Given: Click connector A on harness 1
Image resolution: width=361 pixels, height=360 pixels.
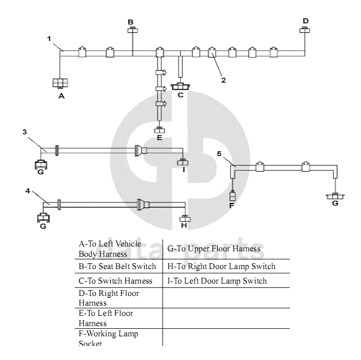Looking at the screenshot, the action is click(x=60, y=82).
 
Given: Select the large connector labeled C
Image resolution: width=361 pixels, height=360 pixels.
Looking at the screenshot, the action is click(x=181, y=86).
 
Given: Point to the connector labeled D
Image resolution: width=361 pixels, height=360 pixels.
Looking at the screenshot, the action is click(x=305, y=30).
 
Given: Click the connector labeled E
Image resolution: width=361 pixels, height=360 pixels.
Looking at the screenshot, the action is click(x=159, y=130).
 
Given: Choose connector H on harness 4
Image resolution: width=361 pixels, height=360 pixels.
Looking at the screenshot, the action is click(x=184, y=218).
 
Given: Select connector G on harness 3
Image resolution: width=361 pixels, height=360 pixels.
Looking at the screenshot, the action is click(x=41, y=165).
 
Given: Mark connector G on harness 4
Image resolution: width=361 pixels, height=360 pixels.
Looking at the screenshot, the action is click(x=43, y=218).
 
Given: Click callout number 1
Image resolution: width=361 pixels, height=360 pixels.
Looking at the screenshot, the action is click(x=49, y=39).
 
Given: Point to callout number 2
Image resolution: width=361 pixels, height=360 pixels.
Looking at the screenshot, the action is click(x=223, y=80).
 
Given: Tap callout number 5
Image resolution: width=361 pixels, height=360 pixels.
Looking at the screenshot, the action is click(x=219, y=153).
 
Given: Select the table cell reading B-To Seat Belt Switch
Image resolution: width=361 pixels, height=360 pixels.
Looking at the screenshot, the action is click(x=118, y=266).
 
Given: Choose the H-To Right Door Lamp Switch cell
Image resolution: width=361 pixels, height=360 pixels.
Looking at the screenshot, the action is click(x=221, y=266).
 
